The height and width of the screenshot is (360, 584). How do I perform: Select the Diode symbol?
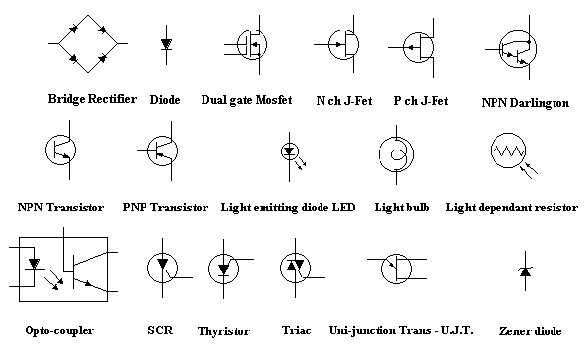[x=166, y=44]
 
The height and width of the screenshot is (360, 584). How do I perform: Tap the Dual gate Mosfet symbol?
[x=252, y=45]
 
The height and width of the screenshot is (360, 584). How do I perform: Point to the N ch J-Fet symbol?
[x=341, y=45]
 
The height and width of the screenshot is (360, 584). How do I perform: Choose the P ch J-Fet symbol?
[x=421, y=45]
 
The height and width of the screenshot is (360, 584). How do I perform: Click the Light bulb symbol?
[x=397, y=153]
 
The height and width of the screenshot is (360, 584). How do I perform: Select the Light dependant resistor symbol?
[x=510, y=151]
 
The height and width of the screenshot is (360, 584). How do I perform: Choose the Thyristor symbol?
[x=225, y=269]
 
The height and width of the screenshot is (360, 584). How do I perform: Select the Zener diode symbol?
[x=524, y=271]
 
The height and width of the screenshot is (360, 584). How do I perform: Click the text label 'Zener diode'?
[x=530, y=332]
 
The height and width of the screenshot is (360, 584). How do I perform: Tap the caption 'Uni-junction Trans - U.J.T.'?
[x=401, y=330]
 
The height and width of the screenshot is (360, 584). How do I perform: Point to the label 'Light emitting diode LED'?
[x=287, y=208]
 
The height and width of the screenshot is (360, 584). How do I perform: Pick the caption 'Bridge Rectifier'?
[x=91, y=99]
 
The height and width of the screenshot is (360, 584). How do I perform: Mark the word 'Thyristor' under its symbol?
[x=223, y=331]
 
